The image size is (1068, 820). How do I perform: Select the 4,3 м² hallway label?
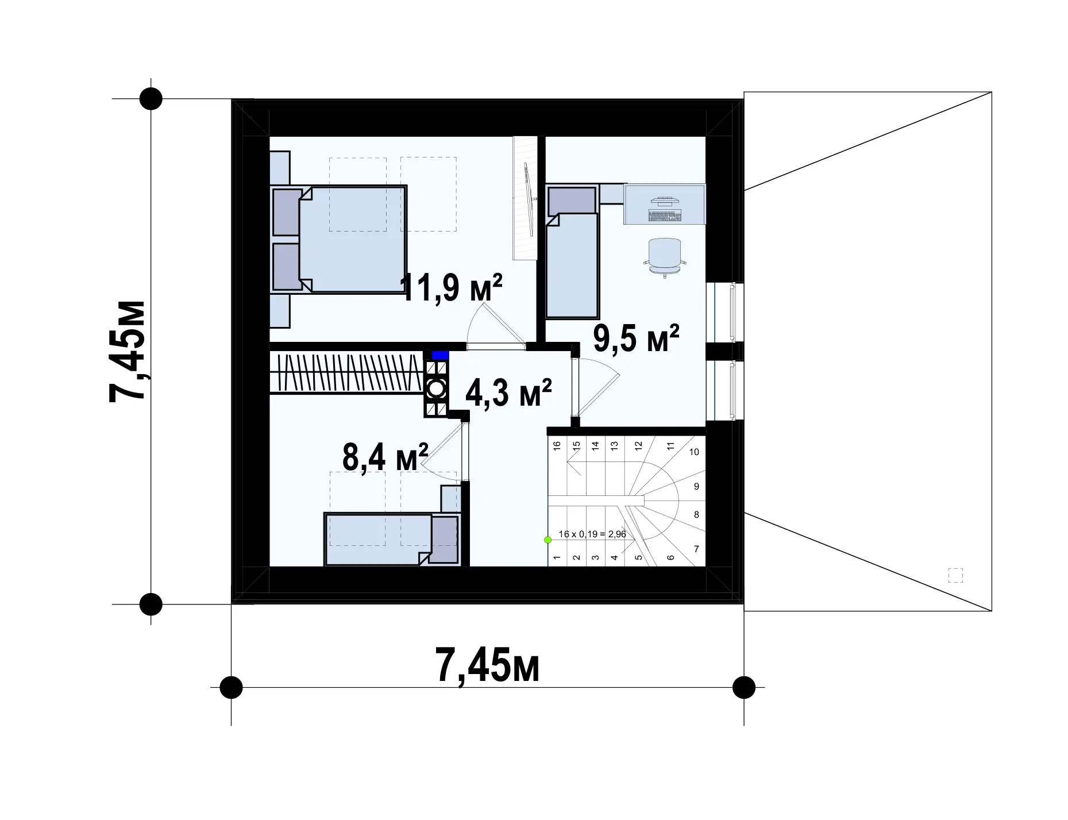pyautogui.click(x=509, y=393)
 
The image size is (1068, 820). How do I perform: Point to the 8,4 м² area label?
pyautogui.click(x=385, y=457)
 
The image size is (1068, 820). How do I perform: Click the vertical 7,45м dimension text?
pyautogui.click(x=127, y=351)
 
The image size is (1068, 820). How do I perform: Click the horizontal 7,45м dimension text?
pyautogui.click(x=488, y=665)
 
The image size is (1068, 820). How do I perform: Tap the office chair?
pyautogui.click(x=665, y=258)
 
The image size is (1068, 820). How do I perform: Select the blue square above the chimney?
pyautogui.click(x=440, y=355)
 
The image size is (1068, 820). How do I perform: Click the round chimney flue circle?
pyautogui.click(x=436, y=389)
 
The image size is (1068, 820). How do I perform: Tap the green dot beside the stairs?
pyautogui.click(x=548, y=540)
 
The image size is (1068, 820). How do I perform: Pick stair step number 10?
pyautogui.click(x=694, y=452)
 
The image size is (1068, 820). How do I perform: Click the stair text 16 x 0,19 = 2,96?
pyautogui.click(x=592, y=534)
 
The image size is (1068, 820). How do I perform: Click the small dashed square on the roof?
pyautogui.click(x=955, y=575)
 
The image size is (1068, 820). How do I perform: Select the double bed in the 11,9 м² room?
pyautogui.click(x=340, y=239)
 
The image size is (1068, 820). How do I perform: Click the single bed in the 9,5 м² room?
pyautogui.click(x=572, y=251)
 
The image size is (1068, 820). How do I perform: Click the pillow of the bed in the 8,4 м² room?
pyautogui.click(x=445, y=539)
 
